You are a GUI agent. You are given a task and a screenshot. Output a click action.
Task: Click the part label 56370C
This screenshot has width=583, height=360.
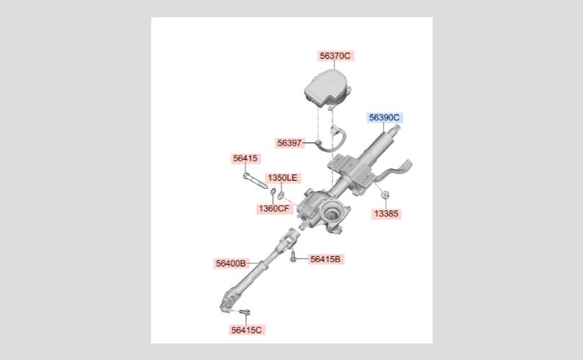335,55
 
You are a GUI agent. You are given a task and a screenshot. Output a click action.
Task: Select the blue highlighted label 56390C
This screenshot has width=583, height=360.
384,118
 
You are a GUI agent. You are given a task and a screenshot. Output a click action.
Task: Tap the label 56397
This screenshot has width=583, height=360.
289,143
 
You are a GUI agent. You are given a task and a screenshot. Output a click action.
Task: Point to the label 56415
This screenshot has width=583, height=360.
245,158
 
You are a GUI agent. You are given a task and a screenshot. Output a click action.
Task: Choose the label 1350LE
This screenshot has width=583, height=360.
283,178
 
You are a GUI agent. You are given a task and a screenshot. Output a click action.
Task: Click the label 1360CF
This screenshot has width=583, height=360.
274,209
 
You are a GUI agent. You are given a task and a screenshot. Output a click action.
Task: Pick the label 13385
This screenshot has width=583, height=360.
386,213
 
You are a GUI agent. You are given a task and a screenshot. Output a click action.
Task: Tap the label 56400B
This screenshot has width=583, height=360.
231,264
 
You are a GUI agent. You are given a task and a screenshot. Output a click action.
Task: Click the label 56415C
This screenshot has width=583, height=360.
246,330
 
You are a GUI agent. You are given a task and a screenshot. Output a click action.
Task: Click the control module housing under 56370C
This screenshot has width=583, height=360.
327,89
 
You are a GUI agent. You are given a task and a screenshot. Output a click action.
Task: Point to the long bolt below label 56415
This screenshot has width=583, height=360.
255,181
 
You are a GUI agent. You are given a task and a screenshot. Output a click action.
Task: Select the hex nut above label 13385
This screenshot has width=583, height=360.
385,194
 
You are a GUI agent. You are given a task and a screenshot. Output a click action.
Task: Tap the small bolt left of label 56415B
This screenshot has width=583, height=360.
293,256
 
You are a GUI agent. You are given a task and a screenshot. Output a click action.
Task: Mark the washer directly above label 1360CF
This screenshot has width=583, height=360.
273,192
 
